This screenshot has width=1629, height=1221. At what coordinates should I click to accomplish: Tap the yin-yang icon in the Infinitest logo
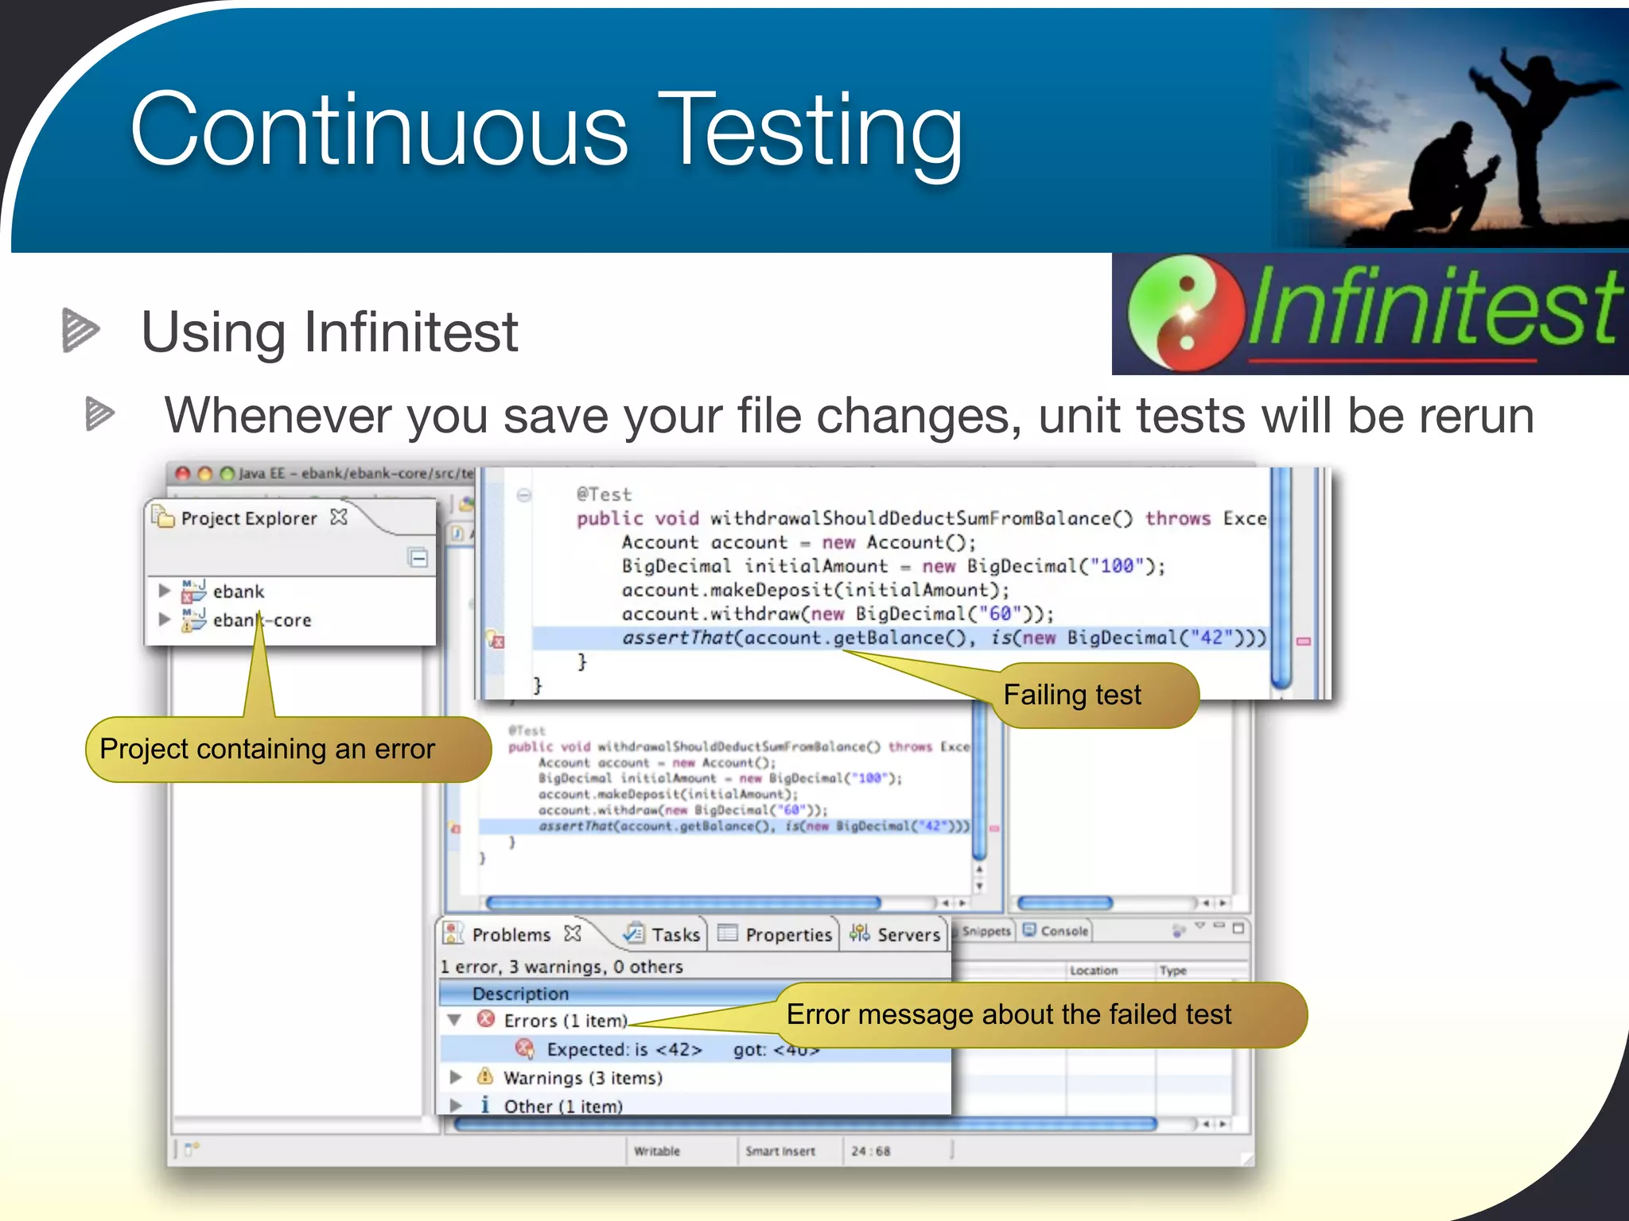pos(1186,313)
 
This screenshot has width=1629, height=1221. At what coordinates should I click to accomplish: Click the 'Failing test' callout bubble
pos(1094,696)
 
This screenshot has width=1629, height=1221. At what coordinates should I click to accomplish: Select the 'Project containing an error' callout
pos(286,750)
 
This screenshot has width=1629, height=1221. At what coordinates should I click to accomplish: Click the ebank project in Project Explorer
pos(238,591)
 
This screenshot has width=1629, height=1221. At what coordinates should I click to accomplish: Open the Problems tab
pos(511,935)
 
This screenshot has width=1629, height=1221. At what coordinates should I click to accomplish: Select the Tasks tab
pos(675,935)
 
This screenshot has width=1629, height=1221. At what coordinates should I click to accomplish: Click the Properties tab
pos(787,935)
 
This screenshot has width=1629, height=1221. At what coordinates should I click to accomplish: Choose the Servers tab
pos(908,935)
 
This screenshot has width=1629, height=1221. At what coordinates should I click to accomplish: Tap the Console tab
pos(1063,931)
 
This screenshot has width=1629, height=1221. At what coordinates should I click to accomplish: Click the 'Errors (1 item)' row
pos(565,1021)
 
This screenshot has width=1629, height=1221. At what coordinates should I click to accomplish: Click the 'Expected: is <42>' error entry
pos(624,1049)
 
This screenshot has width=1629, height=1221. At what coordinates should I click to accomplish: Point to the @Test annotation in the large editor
pos(604,494)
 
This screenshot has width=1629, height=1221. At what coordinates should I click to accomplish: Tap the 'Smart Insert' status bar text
pos(780,1151)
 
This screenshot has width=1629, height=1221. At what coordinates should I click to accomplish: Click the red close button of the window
pos(183,474)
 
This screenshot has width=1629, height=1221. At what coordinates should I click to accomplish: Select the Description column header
pos(520,994)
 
